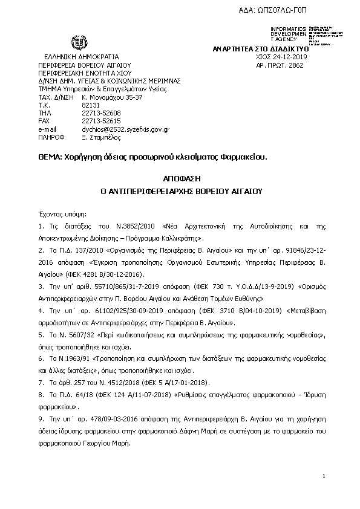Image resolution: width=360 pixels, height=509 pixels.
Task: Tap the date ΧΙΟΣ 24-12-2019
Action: coord(283,56)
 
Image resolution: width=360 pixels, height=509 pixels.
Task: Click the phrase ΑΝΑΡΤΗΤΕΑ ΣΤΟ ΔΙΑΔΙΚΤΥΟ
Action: coord(260,48)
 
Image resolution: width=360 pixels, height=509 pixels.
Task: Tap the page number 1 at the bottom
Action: coord(324,477)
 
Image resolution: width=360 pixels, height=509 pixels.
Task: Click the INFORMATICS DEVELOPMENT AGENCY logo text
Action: coord(289,34)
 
